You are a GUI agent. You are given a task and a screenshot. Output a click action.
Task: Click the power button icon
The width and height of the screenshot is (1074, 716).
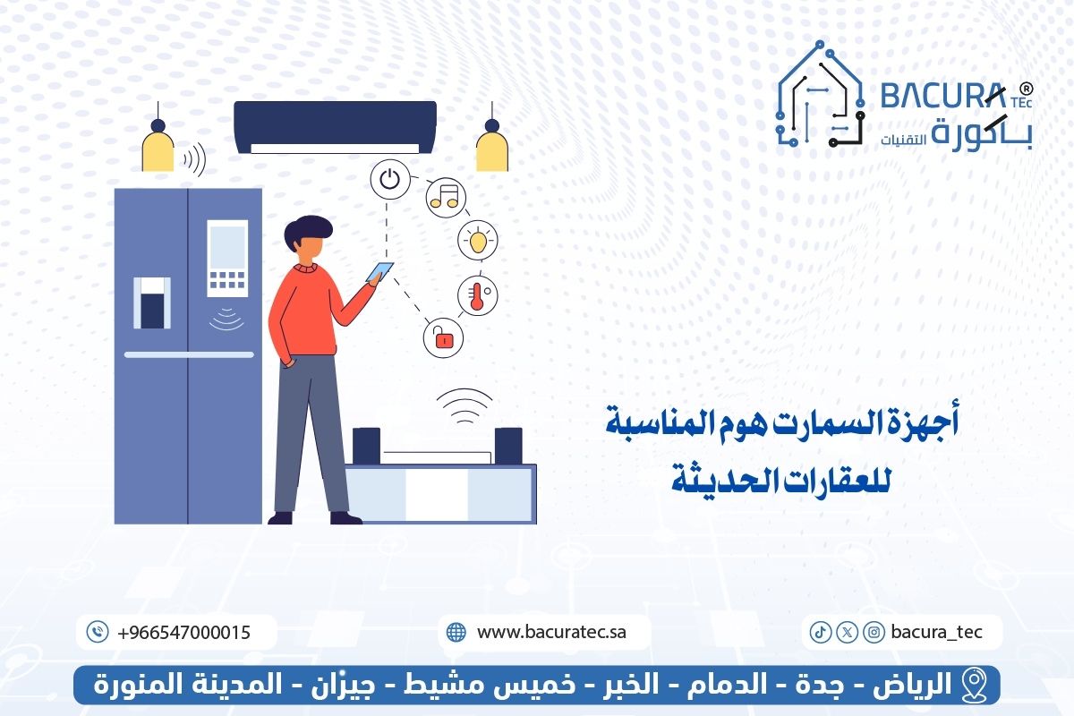click(388, 179)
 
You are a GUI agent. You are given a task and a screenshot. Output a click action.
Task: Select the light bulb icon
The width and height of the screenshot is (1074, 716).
click(477, 240)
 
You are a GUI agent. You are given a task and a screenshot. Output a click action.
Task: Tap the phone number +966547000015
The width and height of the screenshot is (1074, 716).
click(183, 632)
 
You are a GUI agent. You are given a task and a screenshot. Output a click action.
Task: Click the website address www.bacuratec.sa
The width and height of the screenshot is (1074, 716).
click(551, 632)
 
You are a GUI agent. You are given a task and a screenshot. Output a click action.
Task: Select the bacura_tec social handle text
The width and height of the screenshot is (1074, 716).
click(936, 632)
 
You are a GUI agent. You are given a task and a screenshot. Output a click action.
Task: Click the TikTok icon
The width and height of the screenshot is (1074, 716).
click(819, 632)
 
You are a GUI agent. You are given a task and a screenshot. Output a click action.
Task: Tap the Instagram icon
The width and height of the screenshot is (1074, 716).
click(874, 632)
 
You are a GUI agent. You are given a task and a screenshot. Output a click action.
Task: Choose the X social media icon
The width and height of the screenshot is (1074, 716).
click(847, 632)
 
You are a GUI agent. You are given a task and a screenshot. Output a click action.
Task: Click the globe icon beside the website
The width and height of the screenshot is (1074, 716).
click(456, 632)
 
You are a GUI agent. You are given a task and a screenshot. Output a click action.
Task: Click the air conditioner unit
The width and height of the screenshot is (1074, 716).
click(335, 126)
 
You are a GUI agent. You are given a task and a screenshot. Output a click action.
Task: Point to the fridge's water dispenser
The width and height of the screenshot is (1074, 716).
click(151, 303)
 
